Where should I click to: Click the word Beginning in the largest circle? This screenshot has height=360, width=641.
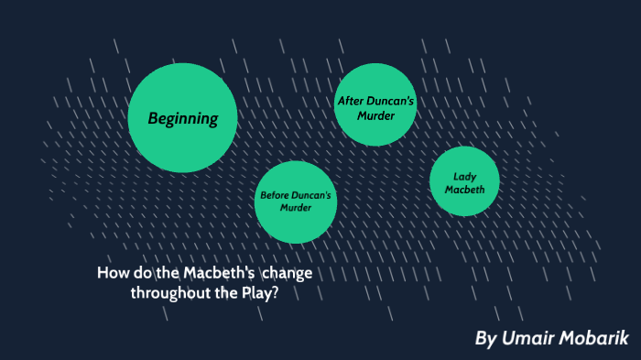pos(183,118)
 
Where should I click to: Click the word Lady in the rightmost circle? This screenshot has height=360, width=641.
pos(464,176)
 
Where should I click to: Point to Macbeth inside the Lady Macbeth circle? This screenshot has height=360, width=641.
pos(464,190)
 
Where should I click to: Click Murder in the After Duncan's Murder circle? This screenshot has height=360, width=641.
pos(376,115)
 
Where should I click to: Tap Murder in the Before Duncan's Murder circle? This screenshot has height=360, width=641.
pos(296,208)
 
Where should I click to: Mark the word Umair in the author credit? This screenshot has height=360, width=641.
pos(532,338)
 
